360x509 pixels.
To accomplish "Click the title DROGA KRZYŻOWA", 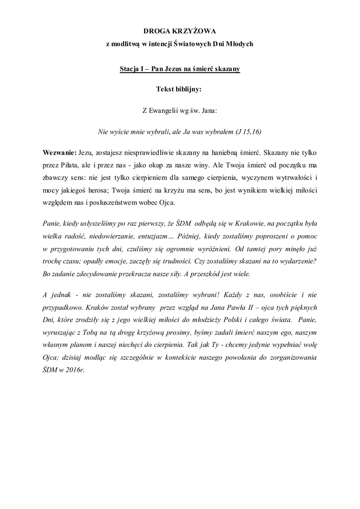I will coord(180,30).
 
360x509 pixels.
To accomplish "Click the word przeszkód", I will coord(225,273).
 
